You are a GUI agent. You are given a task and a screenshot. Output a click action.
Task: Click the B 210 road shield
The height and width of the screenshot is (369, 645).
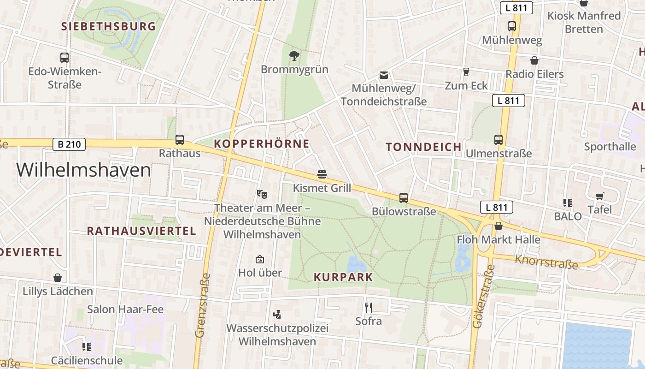(x=69, y=144)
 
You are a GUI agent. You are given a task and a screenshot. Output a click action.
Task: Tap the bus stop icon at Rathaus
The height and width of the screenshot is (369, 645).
(x=180, y=139)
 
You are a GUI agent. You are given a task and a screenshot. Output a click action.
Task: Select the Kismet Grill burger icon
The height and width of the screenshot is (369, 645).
(x=322, y=174)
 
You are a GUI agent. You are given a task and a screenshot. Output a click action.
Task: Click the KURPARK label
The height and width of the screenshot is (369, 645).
(x=343, y=277)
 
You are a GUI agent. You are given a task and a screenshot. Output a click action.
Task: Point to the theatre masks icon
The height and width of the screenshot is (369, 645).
(x=262, y=194)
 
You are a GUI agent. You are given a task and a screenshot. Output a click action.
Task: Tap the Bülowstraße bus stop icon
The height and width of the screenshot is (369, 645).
(x=404, y=198)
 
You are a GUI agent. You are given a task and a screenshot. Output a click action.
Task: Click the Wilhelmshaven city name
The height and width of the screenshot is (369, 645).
(x=84, y=170)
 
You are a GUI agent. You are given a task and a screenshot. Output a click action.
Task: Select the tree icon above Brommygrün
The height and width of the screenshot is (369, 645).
(x=294, y=56)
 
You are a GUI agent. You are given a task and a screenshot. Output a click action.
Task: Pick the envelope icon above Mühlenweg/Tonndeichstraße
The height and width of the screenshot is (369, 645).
(x=383, y=75)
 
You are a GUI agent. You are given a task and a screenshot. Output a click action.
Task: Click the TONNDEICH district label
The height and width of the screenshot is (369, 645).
(x=423, y=147)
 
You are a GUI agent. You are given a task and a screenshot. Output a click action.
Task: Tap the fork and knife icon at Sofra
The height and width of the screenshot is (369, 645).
(x=368, y=307)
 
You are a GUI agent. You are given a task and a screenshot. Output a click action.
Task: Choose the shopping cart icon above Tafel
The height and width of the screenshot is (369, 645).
(x=599, y=196)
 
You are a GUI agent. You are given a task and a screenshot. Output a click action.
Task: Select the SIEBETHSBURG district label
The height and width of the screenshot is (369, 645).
(x=109, y=26)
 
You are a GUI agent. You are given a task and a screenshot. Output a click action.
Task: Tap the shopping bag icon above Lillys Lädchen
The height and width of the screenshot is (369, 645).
(x=58, y=278)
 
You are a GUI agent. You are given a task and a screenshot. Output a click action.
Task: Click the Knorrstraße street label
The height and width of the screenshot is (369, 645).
(x=546, y=262)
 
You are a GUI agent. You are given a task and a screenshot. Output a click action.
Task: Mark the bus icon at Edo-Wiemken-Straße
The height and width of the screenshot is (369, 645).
(x=64, y=58)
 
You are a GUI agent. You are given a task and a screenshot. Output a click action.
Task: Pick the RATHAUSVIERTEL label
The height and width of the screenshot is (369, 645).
(x=141, y=231)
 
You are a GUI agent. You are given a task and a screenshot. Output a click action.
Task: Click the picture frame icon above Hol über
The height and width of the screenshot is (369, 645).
(x=260, y=259)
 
